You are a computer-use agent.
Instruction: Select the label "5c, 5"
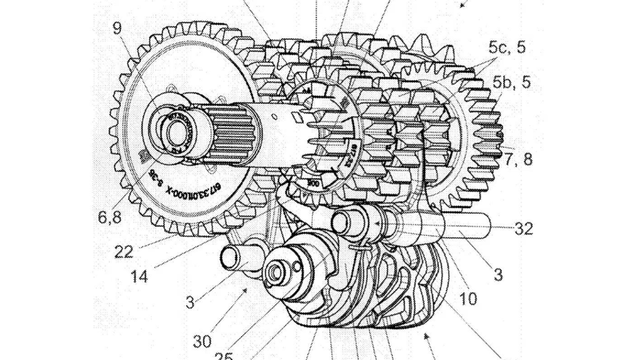(x=507, y=48)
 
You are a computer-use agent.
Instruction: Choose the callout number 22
(x=124, y=252)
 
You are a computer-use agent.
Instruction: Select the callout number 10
(x=468, y=298)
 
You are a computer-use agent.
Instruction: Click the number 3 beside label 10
(x=498, y=275)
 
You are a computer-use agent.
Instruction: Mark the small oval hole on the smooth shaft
(x=274, y=116)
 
